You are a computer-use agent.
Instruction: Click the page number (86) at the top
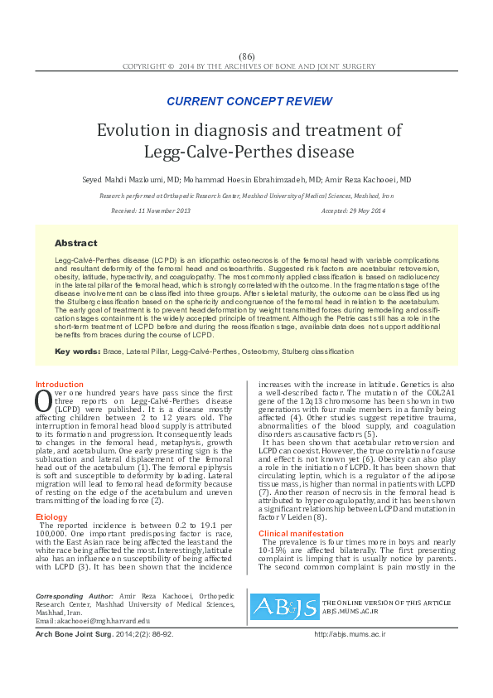click(246, 56)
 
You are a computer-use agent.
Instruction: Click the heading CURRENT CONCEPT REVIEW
click(249, 101)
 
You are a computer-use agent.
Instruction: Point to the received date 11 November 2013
click(162, 211)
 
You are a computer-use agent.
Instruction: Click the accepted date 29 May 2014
click(364, 211)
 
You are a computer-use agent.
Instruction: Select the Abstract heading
click(75, 243)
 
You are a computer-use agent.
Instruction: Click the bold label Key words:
click(77, 352)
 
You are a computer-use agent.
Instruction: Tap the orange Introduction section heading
click(59, 385)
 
